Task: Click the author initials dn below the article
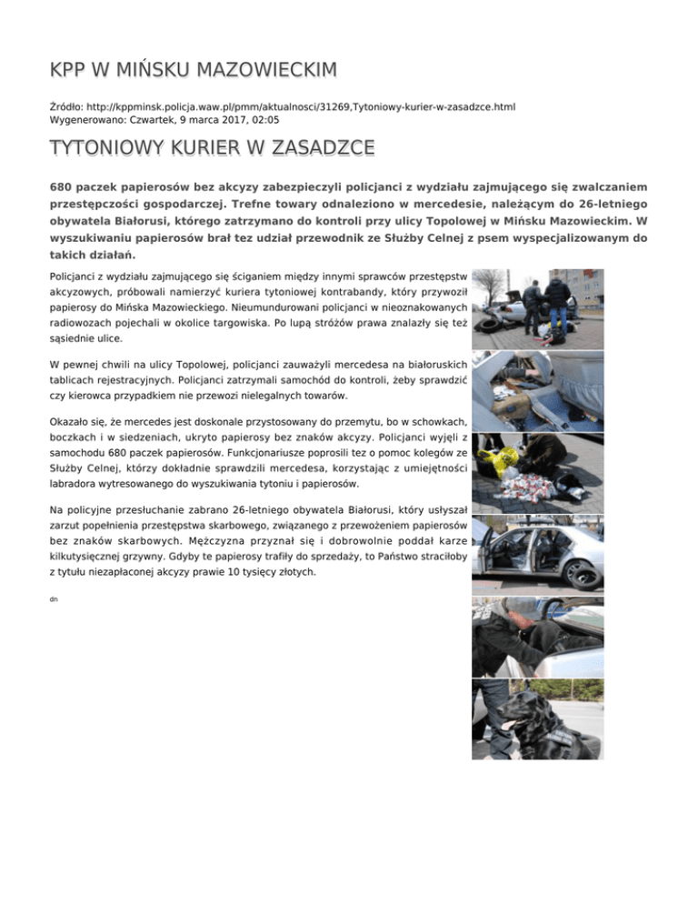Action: click(x=55, y=601)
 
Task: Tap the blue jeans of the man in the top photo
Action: click(x=556, y=318)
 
